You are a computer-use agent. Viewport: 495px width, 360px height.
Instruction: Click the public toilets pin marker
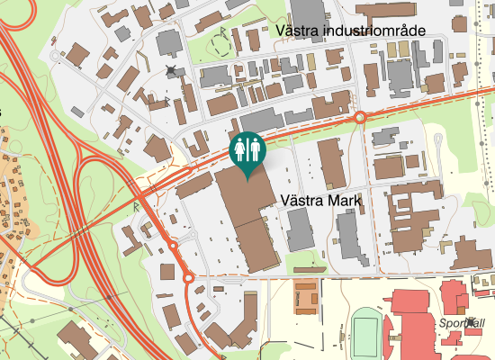click(x=247, y=149)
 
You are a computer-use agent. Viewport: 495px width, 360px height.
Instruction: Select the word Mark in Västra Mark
click(x=343, y=201)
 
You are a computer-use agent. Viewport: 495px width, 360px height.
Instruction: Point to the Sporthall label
click(x=463, y=323)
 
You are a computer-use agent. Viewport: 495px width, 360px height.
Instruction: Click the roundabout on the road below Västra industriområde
click(x=360, y=117)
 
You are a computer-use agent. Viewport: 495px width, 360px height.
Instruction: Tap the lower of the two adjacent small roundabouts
click(x=188, y=278)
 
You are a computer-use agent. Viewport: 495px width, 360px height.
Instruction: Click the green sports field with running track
click(x=364, y=332)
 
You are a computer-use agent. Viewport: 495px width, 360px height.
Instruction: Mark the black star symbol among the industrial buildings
click(x=171, y=70)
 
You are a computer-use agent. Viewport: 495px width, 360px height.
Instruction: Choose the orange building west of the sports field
click(x=307, y=297)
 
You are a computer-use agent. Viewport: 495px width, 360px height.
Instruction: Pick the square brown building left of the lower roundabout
click(x=167, y=272)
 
